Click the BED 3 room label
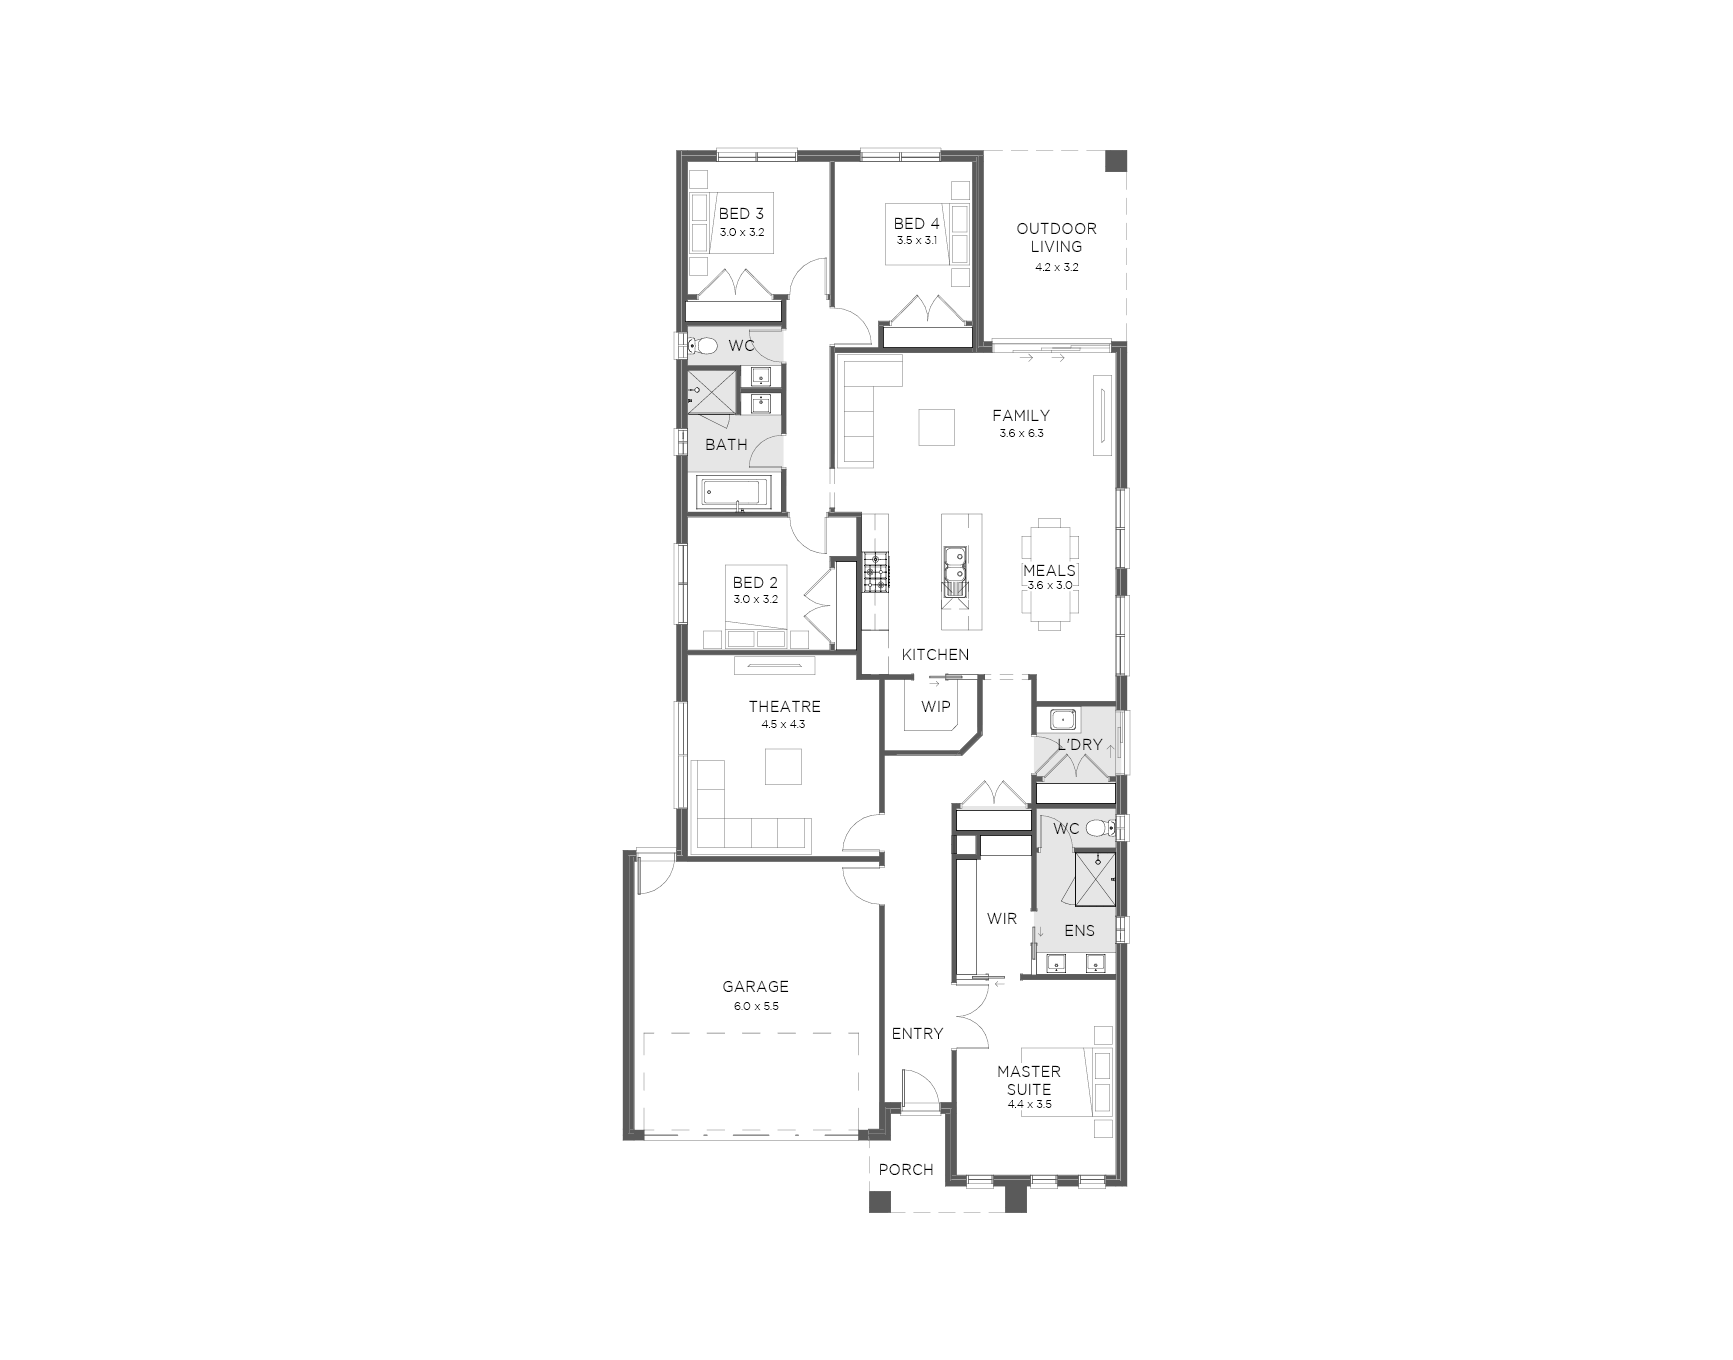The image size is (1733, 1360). click(741, 214)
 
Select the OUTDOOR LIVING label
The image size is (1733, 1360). click(1056, 237)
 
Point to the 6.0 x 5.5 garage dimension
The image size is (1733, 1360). click(756, 1006)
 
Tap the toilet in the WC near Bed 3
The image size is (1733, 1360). click(703, 346)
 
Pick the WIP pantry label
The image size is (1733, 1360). click(936, 707)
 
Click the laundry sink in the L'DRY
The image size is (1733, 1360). click(1058, 719)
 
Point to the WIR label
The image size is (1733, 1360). click(1002, 918)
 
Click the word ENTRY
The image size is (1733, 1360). click(917, 1034)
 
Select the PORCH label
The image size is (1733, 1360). click(906, 1169)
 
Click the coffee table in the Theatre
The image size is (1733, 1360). click(783, 766)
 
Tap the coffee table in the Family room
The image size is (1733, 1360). click(938, 427)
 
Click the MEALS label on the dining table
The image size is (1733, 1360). click(1049, 571)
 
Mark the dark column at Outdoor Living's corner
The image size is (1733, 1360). click(1115, 162)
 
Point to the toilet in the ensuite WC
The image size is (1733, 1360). click(1101, 827)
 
